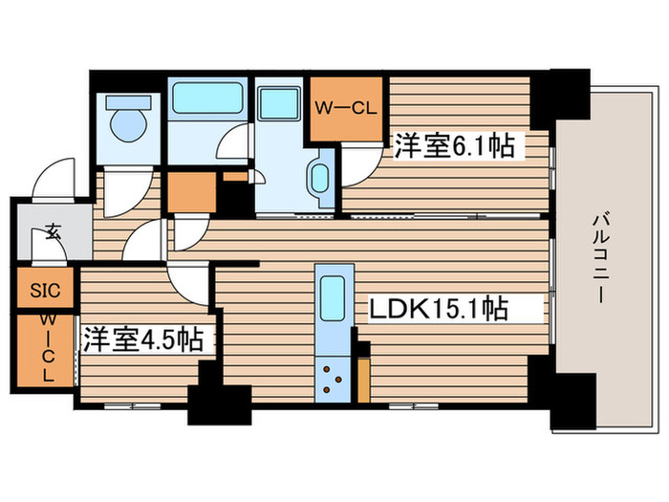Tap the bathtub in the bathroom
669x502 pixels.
205,98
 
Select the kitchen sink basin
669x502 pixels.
333,299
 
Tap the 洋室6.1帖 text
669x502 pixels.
455,146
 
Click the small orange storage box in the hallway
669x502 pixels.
192,192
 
